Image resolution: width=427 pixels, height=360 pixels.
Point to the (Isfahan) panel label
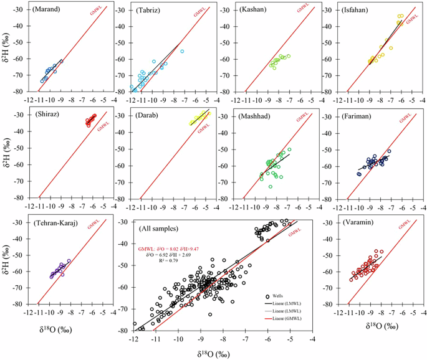[358, 11]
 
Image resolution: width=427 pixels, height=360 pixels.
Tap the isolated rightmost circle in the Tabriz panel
[182, 52]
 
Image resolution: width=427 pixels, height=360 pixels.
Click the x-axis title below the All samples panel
[222, 353]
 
